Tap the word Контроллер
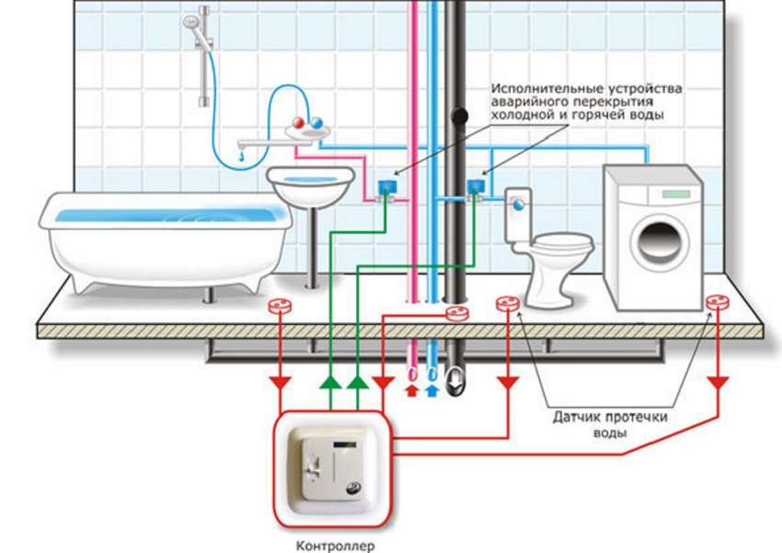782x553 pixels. coord(336,545)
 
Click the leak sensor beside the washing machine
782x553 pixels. coord(717,303)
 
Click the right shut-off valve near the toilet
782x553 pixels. coord(475,188)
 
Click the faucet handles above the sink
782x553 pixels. coord(305,124)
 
